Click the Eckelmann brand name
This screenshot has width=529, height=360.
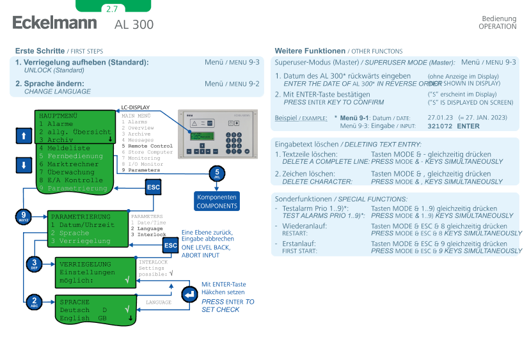click(x=54, y=23)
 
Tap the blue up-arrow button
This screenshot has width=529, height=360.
click(x=24, y=136)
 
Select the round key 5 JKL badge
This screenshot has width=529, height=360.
click(x=217, y=173)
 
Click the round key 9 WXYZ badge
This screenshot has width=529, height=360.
click(x=24, y=217)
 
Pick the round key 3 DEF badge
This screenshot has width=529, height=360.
click(x=35, y=263)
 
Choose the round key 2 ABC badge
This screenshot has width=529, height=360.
click(x=35, y=301)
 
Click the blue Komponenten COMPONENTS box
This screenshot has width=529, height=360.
click(x=217, y=201)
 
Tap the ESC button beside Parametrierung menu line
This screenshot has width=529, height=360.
click(x=153, y=187)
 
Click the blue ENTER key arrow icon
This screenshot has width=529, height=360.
click(x=189, y=294)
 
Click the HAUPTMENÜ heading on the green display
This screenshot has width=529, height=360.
click(x=58, y=114)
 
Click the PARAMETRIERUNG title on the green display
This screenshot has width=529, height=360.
click(x=81, y=217)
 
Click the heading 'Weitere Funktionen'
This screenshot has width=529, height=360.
click(x=310, y=51)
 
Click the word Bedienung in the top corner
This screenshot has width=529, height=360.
click(x=498, y=19)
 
